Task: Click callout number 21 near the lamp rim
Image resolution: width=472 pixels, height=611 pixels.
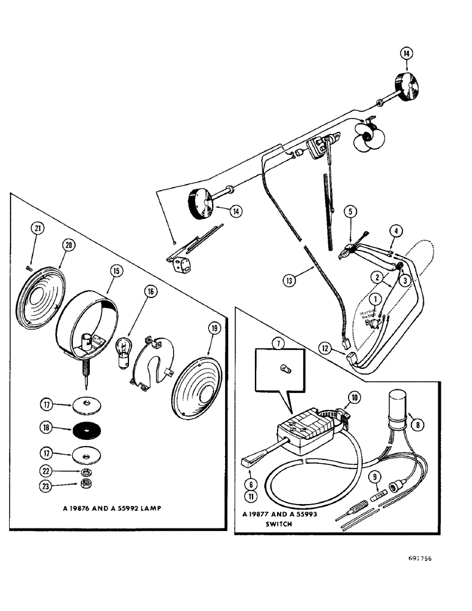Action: (38, 229)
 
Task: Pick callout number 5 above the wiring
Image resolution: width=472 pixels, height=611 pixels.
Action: (350, 213)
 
